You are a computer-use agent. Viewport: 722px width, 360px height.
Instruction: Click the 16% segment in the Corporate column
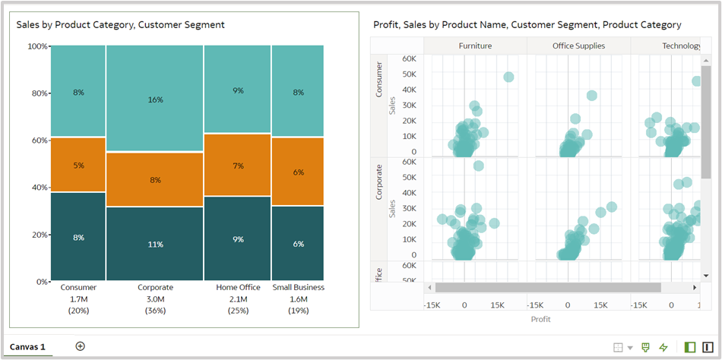(155, 99)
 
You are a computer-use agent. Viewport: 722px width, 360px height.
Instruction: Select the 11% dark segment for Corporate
(155, 244)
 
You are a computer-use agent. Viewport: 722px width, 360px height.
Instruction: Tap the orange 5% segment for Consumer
(78, 165)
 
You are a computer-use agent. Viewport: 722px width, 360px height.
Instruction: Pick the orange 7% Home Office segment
(238, 165)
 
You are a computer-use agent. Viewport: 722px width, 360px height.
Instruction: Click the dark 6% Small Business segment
(298, 244)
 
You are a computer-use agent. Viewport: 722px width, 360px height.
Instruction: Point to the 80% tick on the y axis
(39, 93)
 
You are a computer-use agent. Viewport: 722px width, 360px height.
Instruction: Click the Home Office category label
(238, 288)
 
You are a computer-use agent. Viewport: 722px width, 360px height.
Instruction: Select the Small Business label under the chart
(298, 288)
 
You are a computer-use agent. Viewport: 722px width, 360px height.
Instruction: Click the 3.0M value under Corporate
(155, 299)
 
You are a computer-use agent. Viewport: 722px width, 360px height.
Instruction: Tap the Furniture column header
(475, 46)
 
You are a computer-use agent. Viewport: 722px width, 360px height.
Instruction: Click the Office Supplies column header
(578, 46)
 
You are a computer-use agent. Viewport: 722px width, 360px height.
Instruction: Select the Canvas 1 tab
(27, 347)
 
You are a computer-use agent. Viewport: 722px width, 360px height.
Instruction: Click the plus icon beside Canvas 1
(81, 346)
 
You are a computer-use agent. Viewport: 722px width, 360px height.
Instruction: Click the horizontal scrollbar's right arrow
(695, 288)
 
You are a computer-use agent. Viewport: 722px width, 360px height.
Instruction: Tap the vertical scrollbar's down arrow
(706, 275)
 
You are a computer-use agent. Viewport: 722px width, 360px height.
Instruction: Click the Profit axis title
(540, 319)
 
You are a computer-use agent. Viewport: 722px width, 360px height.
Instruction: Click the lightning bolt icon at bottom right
(663, 347)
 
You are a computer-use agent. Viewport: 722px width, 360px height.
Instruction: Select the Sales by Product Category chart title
(121, 24)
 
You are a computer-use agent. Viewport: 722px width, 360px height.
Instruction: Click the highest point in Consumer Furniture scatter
(508, 77)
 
